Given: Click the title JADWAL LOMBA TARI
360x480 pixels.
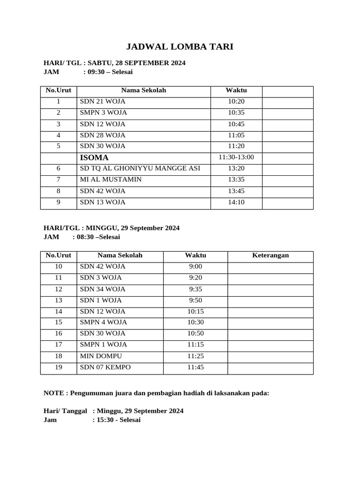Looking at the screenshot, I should pos(180,47).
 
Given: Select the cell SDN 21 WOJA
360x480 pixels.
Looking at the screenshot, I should pos(103,102).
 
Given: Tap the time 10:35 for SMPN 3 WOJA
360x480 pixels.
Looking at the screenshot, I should pos(236,113).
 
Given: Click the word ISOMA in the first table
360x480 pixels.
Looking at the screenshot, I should pos(94,157).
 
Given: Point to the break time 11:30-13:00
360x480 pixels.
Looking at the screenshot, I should pos(236,157).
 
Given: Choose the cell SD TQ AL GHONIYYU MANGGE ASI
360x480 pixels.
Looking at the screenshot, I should pos(140,169).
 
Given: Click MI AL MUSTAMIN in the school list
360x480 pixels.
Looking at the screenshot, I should pos(111,180).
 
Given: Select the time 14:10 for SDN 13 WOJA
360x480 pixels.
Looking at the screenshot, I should pos(236,202).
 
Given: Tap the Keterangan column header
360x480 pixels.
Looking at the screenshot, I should pos(270,255).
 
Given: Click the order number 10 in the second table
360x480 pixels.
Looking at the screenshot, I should pos(59,267).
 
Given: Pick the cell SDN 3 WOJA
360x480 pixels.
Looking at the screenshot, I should pos(101,278).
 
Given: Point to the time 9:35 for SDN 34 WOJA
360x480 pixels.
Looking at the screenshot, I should pos(195,289).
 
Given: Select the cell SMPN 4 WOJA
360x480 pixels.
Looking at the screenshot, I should pos(104,322).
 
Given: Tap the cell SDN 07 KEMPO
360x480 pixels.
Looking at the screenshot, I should pos(105,367).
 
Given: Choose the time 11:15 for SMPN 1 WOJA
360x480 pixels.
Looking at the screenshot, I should pos(195,345).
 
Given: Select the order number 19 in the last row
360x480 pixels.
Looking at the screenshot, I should pos(59,367).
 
